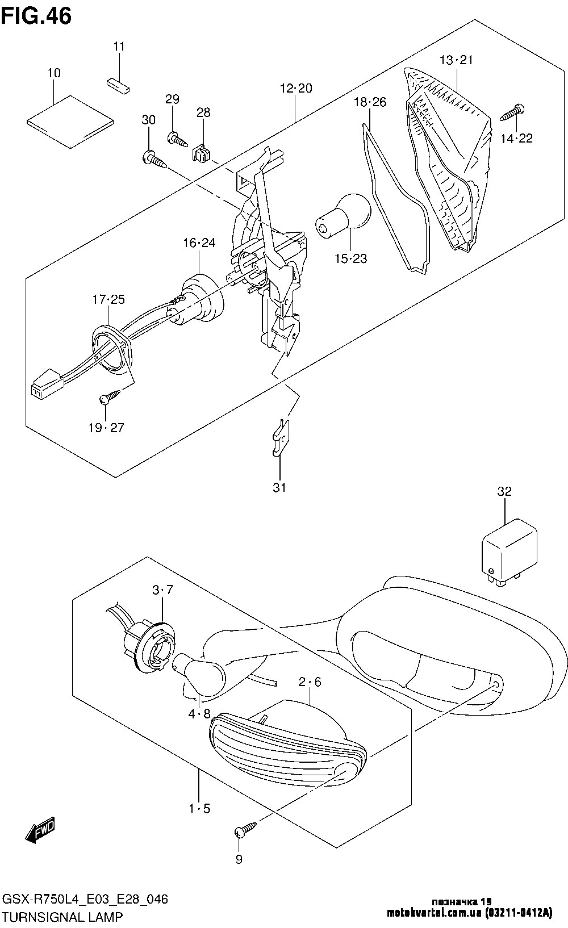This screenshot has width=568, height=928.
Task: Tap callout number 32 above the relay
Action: (504, 491)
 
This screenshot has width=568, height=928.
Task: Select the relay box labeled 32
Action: (509, 551)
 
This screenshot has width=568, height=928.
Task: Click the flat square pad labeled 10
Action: (70, 121)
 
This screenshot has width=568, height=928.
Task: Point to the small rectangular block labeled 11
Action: (119, 85)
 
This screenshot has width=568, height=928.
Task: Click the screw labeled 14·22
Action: (512, 112)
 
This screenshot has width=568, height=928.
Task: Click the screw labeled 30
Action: (154, 160)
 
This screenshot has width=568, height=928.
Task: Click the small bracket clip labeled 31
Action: (281, 437)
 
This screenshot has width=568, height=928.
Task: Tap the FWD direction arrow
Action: (40, 831)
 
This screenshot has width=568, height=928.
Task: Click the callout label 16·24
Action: (199, 243)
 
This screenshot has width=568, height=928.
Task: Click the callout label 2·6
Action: (310, 682)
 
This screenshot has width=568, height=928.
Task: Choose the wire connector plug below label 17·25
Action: (46, 384)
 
